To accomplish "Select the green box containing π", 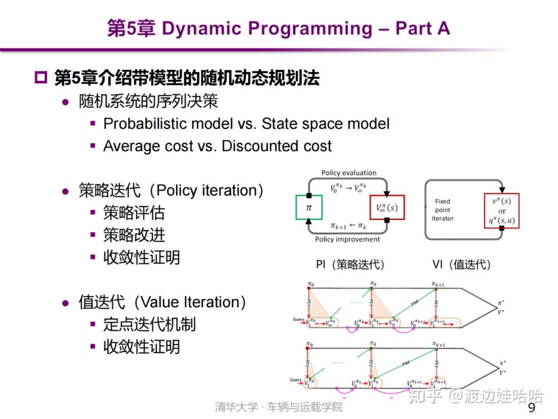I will click(309, 207).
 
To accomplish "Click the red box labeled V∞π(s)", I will click(387, 207).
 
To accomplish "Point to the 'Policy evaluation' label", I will click(349, 173).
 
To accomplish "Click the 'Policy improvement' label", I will click(347, 240).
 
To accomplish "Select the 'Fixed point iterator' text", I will click(442, 209).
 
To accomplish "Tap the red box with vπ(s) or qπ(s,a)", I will click(501, 211).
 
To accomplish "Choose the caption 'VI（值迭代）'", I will click(461, 264).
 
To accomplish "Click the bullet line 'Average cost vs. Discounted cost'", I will click(217, 146).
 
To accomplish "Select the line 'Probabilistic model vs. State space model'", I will click(246, 124).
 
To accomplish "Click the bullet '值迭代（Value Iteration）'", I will click(162, 302).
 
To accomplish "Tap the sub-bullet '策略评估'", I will click(134, 213).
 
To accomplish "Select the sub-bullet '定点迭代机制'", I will click(149, 324).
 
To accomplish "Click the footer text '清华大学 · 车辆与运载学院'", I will click(279, 407).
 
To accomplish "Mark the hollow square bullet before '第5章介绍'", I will click(40, 78).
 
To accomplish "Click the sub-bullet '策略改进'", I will click(134, 235).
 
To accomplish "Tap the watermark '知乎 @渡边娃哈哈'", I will click(475, 396).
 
